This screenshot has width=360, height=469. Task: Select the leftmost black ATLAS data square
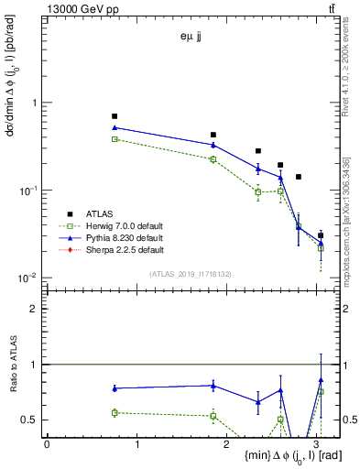(115, 116)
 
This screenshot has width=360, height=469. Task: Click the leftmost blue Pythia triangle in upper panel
(115, 128)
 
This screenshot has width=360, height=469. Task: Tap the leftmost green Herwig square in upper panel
(115, 139)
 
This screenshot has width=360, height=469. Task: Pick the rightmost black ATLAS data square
(321, 235)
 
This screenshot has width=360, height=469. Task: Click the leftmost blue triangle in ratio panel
(115, 388)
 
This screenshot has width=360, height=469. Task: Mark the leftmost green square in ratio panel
(115, 413)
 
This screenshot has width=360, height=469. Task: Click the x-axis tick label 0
(47, 445)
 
